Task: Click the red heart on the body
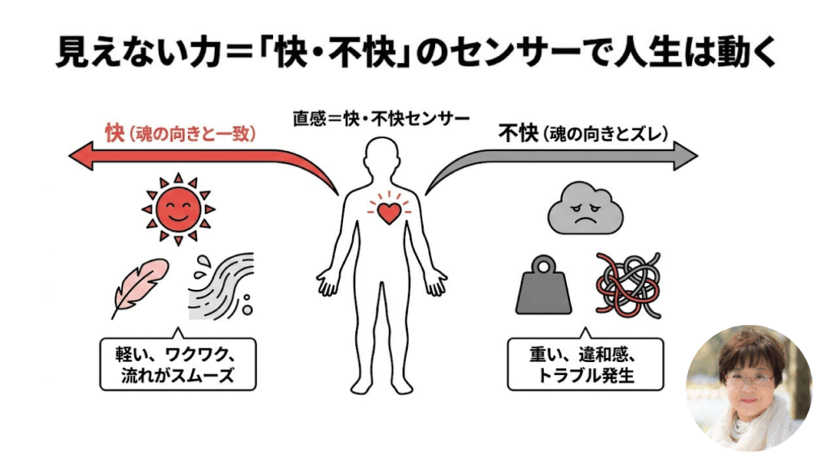390,212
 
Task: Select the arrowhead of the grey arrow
687,153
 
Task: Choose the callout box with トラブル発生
585,364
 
